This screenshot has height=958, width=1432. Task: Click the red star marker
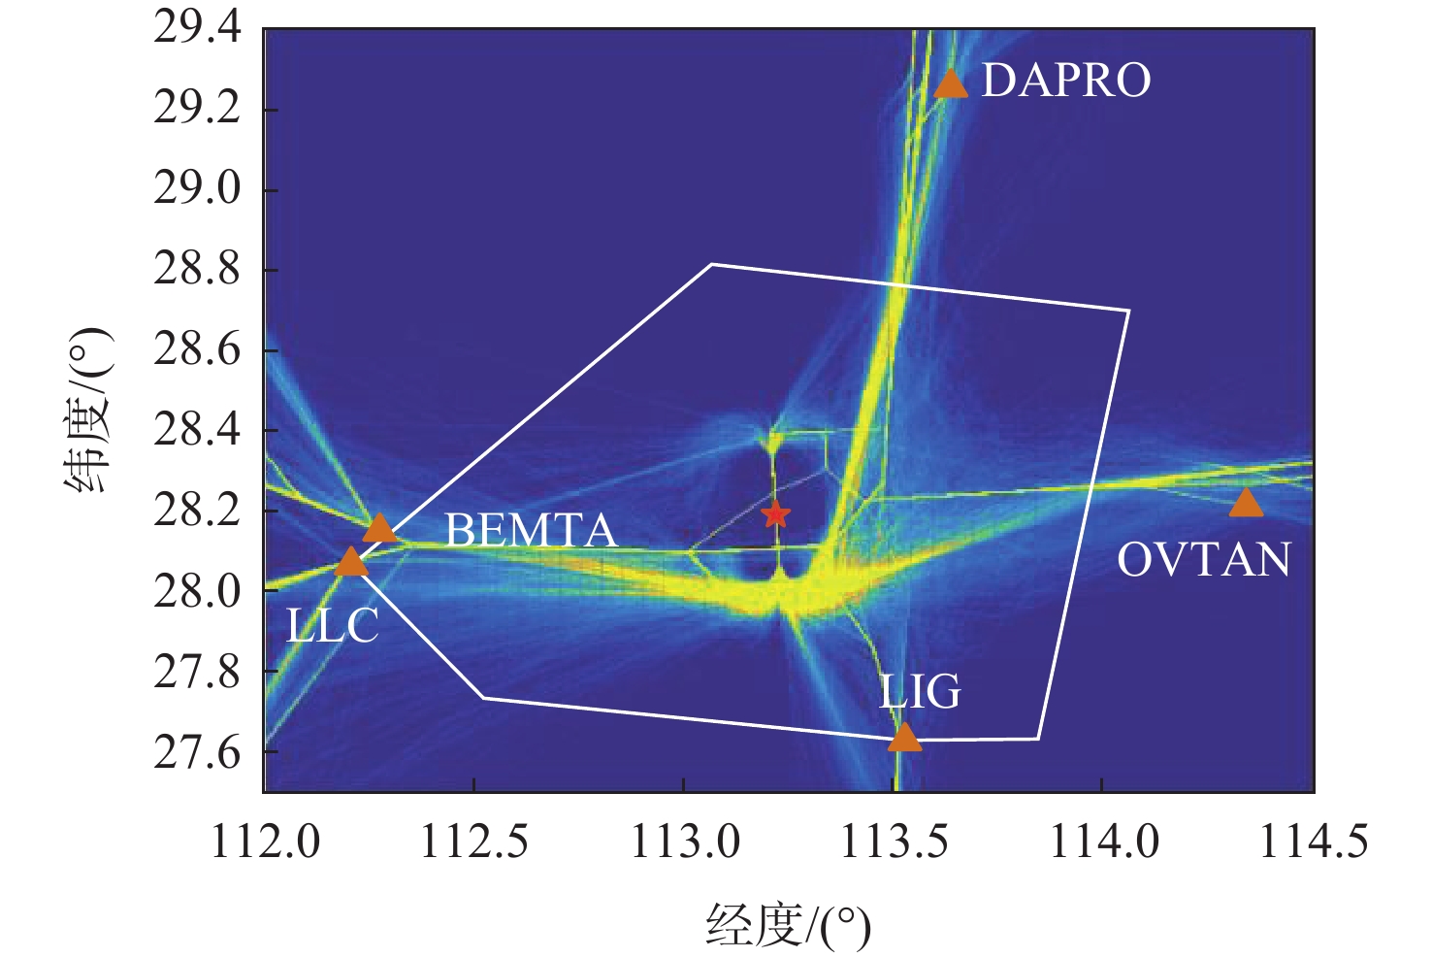pos(774,514)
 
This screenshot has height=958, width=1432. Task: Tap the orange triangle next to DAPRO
pos(951,84)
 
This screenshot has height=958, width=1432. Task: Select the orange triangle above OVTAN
pos(1246,504)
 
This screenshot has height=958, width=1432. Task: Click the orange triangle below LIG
pos(904,739)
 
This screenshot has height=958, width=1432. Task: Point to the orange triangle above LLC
pos(351,562)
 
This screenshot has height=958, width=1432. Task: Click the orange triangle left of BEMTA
pos(379,528)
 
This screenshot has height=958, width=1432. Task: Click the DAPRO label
pos(1066,81)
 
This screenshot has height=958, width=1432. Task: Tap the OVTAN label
pos(1204,560)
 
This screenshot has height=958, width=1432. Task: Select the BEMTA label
pos(531,531)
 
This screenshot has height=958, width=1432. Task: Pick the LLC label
pos(333,627)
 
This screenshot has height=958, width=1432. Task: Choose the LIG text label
pos(920,692)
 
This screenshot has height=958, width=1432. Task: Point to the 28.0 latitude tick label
pos(197,590)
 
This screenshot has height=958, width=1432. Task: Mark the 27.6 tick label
pos(197,752)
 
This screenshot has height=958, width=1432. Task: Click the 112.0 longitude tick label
pos(265,842)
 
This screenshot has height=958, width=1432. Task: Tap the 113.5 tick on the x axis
pos(894,842)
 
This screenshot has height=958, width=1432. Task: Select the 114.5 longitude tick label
pos(1313,842)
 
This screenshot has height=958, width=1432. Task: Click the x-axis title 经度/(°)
pos(788,925)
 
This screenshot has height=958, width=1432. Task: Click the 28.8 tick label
pos(197,269)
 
